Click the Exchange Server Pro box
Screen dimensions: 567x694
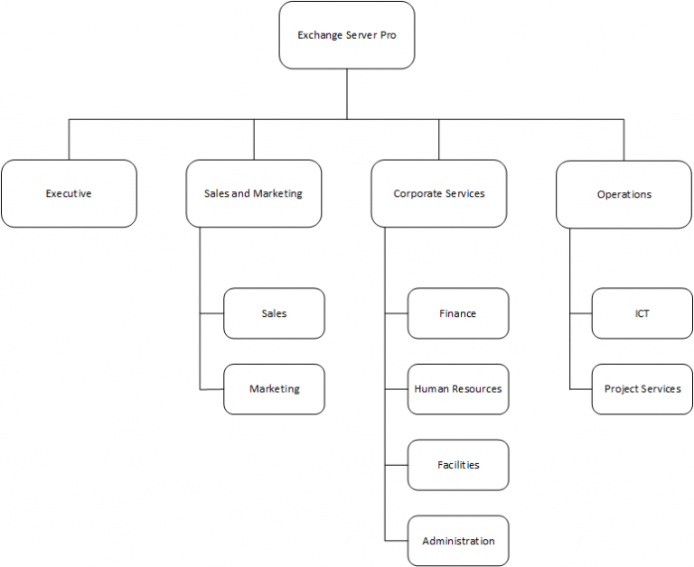click(347, 35)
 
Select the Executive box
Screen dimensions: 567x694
click(69, 193)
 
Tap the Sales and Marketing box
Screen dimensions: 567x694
click(254, 193)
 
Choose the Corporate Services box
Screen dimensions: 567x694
click(439, 193)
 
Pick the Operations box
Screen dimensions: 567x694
click(624, 194)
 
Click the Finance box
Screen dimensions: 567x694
click(457, 313)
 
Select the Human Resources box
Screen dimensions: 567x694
click(457, 389)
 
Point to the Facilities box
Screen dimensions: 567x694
click(457, 465)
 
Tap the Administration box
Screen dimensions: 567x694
click(457, 541)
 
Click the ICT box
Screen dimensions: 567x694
click(642, 313)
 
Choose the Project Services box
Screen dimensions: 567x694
click(642, 389)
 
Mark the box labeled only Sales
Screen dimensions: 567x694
click(274, 313)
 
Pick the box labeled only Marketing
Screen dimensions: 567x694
click(274, 389)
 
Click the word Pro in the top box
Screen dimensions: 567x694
click(387, 36)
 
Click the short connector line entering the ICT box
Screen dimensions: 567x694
click(581, 313)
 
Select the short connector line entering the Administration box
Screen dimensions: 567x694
click(397, 541)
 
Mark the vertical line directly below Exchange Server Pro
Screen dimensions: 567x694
click(347, 94)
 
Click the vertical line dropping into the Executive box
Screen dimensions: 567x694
click(69, 139)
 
